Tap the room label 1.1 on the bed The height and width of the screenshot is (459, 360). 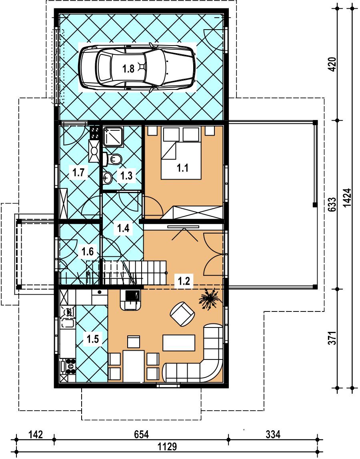(182, 168)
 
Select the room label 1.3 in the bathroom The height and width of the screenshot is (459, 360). (126, 176)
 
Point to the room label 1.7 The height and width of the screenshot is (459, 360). (78, 172)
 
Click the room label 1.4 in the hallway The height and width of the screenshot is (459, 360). (123, 228)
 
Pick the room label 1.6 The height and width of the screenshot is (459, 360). (88, 251)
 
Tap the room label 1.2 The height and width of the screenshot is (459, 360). (184, 281)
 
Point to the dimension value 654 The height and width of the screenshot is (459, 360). (142, 434)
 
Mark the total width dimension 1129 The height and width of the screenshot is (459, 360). (167, 447)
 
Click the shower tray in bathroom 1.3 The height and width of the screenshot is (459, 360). (113, 136)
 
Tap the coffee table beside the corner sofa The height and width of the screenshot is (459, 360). (179, 343)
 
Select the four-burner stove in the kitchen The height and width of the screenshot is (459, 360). (70, 366)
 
